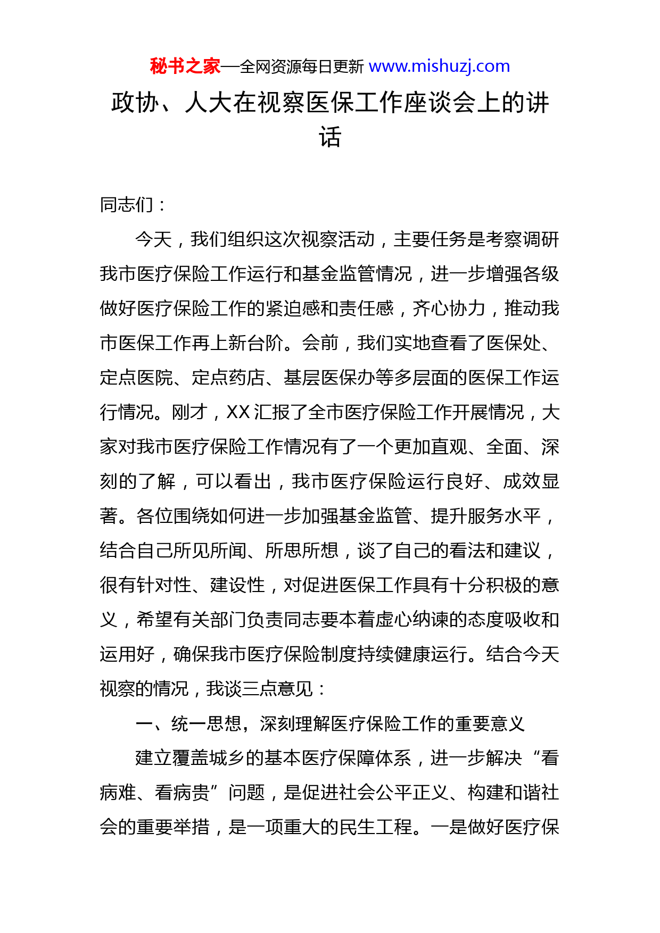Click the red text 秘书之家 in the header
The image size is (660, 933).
[185, 66]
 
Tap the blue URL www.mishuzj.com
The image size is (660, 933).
[439, 66]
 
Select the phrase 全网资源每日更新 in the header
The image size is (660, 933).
[302, 66]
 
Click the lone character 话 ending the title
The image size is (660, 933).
[330, 137]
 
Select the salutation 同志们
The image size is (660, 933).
[127, 205]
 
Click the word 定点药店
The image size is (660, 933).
[228, 378]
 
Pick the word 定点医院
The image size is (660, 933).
[136, 378]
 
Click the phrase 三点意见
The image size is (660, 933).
[268, 689]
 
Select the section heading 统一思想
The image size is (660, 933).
[207, 724]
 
